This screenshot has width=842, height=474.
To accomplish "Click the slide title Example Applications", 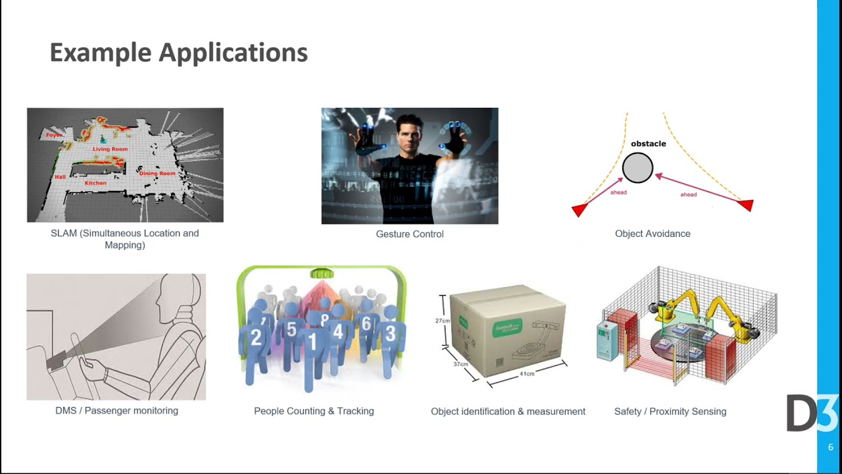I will click(x=178, y=53).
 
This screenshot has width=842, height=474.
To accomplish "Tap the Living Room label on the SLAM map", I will click(x=110, y=149).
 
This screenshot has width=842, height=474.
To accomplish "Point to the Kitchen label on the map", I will click(x=95, y=183).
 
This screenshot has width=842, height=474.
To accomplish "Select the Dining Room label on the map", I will click(x=157, y=173).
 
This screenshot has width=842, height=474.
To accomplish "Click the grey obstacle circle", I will click(x=637, y=168).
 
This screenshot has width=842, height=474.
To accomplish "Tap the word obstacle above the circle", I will click(x=648, y=144).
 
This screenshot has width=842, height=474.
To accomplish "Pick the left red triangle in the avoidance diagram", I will click(x=579, y=210).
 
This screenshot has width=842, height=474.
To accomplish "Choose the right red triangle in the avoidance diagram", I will click(x=746, y=205).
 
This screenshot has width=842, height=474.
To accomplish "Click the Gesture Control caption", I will click(x=409, y=234).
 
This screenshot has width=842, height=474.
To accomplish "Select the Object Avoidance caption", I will click(x=653, y=233).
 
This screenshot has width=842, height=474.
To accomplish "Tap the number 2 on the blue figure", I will click(x=257, y=338).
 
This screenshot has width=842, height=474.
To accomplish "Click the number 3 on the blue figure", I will click(x=390, y=334).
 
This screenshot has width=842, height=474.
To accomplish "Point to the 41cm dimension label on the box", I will click(x=527, y=373).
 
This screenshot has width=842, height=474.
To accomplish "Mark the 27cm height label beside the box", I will click(x=442, y=321).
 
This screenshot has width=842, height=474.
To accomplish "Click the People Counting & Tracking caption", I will click(x=314, y=411).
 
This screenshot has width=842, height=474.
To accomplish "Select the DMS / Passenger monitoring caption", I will click(x=116, y=410).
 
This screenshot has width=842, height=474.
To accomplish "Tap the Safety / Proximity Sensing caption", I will click(x=670, y=411).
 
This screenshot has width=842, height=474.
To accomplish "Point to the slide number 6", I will click(x=830, y=447).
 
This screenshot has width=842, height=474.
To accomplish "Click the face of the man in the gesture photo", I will click(x=411, y=140).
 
